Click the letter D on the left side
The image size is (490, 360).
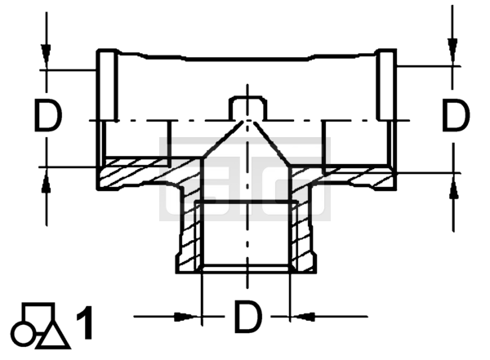pyautogui.click(x=47, y=115)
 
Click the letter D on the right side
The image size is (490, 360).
pyautogui.click(x=456, y=114)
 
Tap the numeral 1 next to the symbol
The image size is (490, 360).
pyautogui.click(x=85, y=322)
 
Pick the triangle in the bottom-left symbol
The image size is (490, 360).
pyautogui.click(x=52, y=336)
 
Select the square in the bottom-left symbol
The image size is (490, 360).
pyautogui.click(x=38, y=313)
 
